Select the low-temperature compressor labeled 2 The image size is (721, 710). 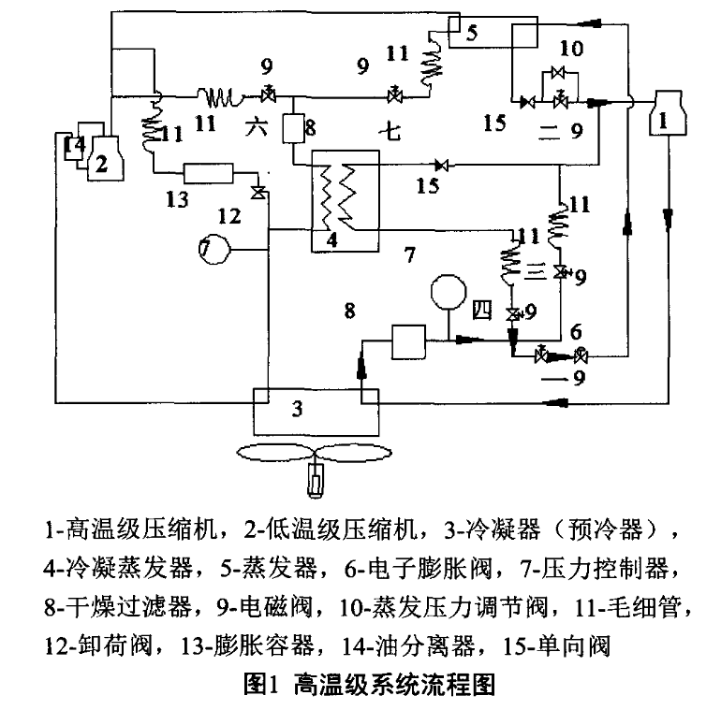pos(104,159)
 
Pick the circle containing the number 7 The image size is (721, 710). pos(208,249)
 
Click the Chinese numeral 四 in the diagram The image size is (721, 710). pos(481,312)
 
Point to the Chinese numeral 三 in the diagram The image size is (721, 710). pos(534,271)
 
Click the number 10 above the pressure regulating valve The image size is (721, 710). pos(570,47)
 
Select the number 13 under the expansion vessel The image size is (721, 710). pos(177,198)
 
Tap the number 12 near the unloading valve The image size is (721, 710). pos(230,216)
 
